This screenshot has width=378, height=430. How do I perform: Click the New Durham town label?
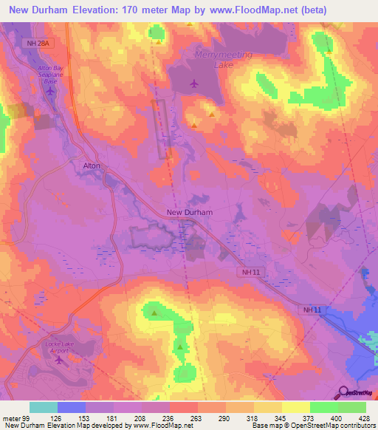[x=190, y=212]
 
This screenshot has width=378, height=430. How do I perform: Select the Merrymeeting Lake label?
[x=223, y=60]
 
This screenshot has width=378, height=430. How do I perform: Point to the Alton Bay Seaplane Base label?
[x=50, y=75]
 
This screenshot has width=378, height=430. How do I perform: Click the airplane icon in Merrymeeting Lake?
[x=193, y=83]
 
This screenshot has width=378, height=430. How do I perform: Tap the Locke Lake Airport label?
[x=58, y=348]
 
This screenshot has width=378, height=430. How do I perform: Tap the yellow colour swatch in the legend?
[x=296, y=407]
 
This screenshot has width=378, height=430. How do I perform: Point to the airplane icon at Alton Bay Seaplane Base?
[x=50, y=91]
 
